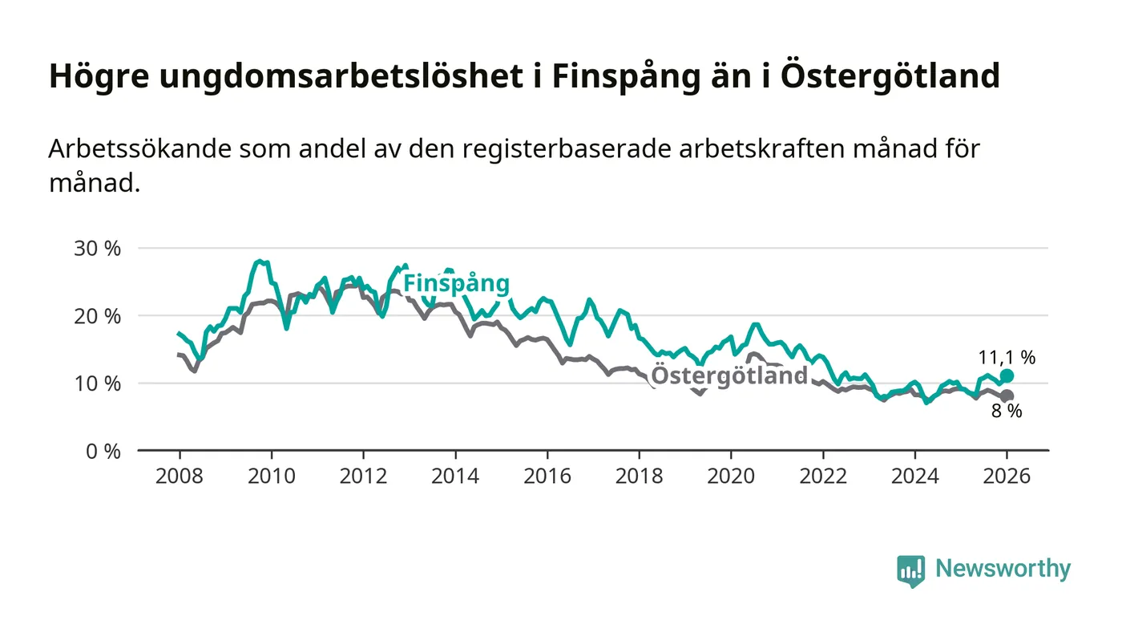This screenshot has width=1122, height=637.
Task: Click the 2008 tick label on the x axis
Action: tap(179, 476)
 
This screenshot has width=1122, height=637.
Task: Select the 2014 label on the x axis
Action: tap(455, 476)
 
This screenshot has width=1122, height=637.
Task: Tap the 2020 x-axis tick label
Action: tap(731, 476)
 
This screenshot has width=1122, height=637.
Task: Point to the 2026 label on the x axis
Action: tap(1007, 476)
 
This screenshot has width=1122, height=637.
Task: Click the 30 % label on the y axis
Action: tap(97, 248)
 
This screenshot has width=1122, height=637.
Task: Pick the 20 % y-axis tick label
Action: tap(97, 315)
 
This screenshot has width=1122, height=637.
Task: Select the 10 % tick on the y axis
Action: tap(97, 383)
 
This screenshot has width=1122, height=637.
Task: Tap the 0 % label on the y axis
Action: tap(102, 451)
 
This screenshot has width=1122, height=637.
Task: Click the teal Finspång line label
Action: tap(456, 283)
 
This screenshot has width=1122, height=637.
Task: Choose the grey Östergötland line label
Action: tap(729, 375)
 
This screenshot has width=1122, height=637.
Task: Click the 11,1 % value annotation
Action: tap(1007, 358)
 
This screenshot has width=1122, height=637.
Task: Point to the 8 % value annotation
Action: tap(1007, 412)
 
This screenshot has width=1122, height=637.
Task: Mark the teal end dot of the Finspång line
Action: tap(1007, 375)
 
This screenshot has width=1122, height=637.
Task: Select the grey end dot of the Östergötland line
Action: tap(1007, 396)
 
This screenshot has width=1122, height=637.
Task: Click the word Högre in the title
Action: tap(94, 77)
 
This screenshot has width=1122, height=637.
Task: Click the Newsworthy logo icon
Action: tap(910, 571)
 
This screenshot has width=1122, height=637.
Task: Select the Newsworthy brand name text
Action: tap(1003, 569)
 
